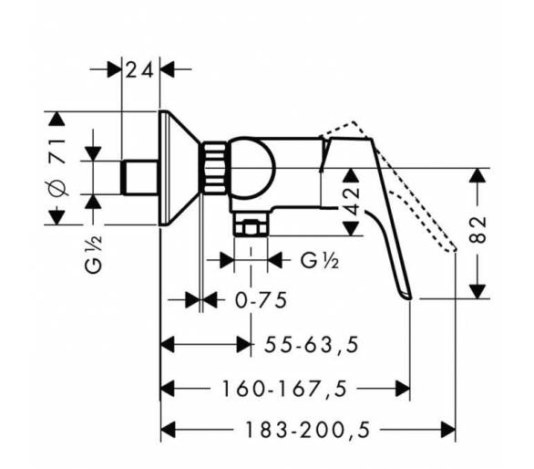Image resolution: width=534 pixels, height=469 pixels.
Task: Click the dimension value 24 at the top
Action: pyautogui.click(x=139, y=70)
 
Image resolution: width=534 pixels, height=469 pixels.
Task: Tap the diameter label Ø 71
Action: pyautogui.click(x=56, y=168)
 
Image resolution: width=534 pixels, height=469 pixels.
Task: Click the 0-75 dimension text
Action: pyautogui.click(x=262, y=300)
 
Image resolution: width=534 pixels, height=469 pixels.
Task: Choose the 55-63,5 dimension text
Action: pyautogui.click(x=312, y=345)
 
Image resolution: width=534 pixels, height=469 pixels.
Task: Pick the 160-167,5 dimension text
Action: pyautogui.click(x=284, y=389)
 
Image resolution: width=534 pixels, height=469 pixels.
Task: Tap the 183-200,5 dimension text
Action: pyautogui.click(x=307, y=430)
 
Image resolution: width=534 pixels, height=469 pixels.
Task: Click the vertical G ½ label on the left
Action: pyautogui.click(x=93, y=254)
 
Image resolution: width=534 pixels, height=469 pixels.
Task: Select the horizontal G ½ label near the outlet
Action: pyautogui.click(x=320, y=261)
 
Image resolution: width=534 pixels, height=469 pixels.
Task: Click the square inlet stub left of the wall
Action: pyautogui.click(x=140, y=178)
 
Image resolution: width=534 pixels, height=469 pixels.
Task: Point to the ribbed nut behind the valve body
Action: pyautogui.click(x=214, y=168)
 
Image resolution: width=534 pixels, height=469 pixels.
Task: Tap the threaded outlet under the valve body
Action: pyautogui.click(x=251, y=224)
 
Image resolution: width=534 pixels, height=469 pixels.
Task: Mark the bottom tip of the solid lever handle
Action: pyautogui.click(x=410, y=298)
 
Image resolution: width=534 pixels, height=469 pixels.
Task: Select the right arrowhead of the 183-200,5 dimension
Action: pyautogui.click(x=448, y=430)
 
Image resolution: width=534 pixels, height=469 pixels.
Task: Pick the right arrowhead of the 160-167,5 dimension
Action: pyautogui.click(x=402, y=389)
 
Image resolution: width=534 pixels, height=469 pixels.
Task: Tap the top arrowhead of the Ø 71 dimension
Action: pyautogui.click(x=56, y=119)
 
